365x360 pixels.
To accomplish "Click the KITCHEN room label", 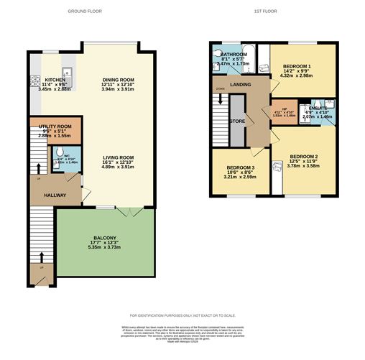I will pos(55,80).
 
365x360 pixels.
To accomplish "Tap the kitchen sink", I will pos(65,73).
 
